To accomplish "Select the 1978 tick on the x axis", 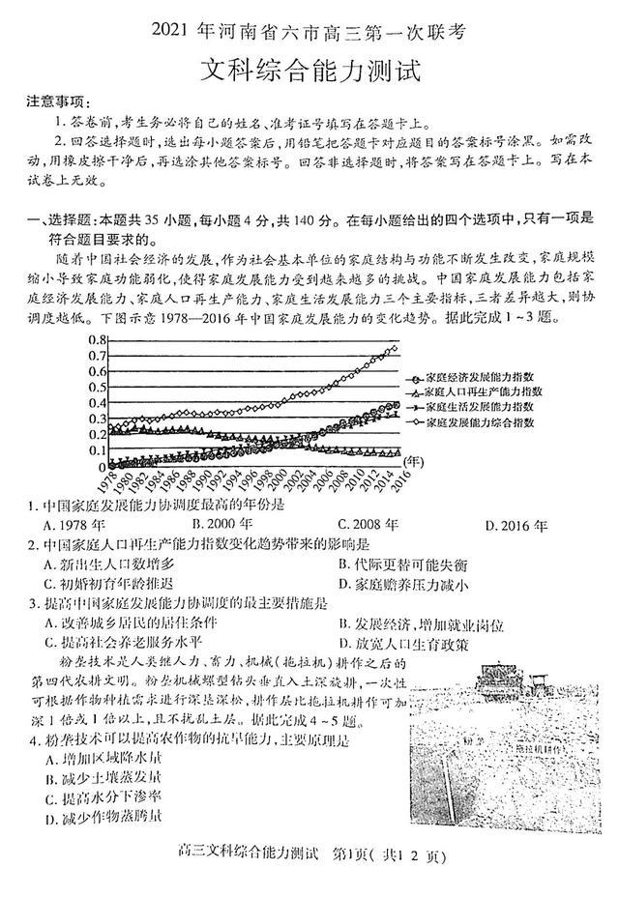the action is pos(107,476).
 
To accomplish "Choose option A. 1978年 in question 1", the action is pos(72,526).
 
